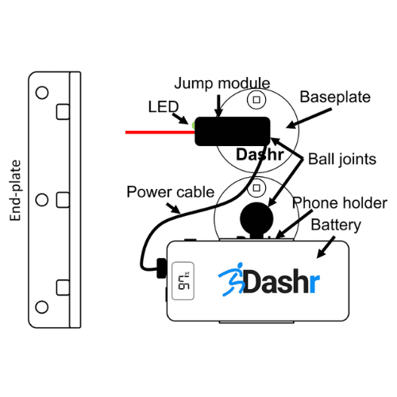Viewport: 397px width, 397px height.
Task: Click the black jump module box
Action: (x=233, y=131)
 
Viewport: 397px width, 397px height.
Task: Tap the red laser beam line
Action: (x=160, y=132)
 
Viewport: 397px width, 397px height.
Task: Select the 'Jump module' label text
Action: (x=222, y=83)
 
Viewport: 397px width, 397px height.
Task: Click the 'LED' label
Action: (x=164, y=106)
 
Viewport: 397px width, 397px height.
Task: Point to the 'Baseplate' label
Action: (x=335, y=97)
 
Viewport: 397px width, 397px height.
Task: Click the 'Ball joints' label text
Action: (x=342, y=159)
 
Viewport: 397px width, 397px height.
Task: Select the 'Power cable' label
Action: (x=171, y=191)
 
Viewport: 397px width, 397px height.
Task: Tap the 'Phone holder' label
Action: (x=340, y=203)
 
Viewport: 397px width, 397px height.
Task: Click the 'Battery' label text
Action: (x=336, y=225)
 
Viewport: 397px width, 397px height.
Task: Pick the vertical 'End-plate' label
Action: (x=15, y=191)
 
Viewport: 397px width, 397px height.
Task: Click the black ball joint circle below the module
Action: (x=256, y=218)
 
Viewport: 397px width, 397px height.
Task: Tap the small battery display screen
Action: (x=183, y=281)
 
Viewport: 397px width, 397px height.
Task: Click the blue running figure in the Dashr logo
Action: (x=232, y=279)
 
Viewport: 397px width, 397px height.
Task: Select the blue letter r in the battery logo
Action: (x=314, y=283)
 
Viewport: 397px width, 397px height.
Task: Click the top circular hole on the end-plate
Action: (x=42, y=93)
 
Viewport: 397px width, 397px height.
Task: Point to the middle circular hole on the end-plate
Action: (x=42, y=200)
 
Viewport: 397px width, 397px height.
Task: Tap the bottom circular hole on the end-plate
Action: (x=42, y=307)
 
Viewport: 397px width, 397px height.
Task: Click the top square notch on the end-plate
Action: (x=63, y=112)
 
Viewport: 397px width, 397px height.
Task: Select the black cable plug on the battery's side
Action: (x=162, y=268)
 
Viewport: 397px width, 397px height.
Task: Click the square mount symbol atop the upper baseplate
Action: (x=256, y=100)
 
